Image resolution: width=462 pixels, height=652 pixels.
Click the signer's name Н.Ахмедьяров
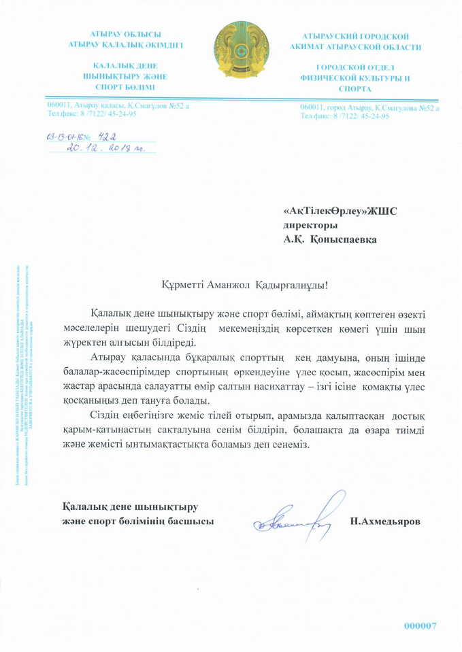tap(385, 521)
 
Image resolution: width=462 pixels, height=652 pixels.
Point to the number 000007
tap(420, 625)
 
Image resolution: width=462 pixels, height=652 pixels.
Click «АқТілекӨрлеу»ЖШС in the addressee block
tap(340, 211)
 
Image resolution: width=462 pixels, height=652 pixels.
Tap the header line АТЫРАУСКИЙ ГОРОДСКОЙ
tap(354, 35)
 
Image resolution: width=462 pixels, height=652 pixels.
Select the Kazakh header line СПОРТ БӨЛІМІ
tap(125, 88)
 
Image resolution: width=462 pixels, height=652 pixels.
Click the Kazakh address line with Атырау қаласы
tap(118, 105)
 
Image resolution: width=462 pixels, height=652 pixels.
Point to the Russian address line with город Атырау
tap(369, 107)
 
